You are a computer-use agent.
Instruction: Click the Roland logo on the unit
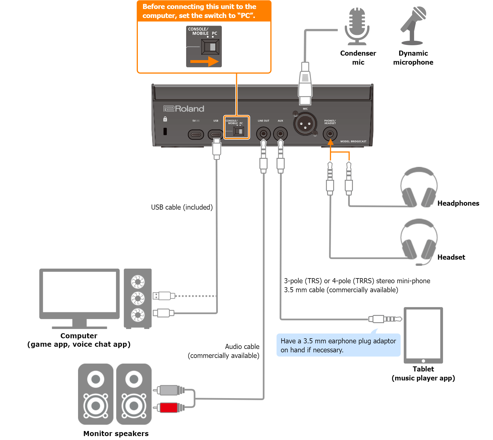point(184,109)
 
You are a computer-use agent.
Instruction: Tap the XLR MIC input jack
point(305,124)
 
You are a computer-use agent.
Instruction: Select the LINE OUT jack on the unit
point(263,134)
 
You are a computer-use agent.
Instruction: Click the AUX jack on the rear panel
point(280,134)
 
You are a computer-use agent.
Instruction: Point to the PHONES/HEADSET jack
point(330,134)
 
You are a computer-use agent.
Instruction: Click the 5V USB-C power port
point(196,134)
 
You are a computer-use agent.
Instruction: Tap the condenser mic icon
point(357,26)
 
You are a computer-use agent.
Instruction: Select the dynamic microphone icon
point(413,26)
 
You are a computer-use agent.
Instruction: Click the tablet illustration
point(423,335)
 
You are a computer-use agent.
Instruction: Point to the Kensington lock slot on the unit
point(165,131)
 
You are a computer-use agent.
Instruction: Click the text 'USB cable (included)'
point(182,207)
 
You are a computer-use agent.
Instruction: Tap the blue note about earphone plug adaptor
point(338,345)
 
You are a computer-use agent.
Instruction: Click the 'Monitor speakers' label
point(116,434)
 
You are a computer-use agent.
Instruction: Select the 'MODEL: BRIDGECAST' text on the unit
point(353,141)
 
